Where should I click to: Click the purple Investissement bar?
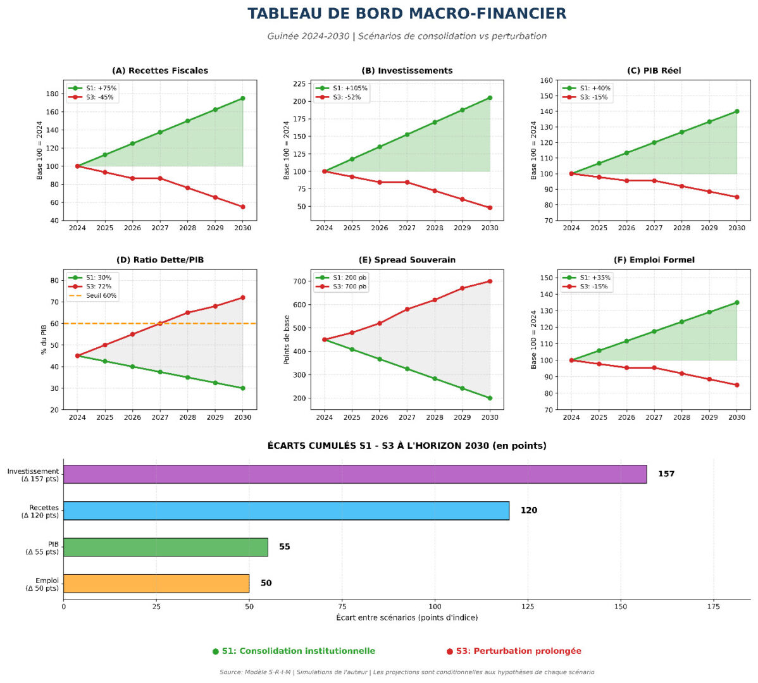coord(354,474)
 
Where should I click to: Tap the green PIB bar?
coord(165,547)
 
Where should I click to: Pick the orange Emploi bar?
coord(156,583)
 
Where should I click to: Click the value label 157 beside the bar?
coord(666,474)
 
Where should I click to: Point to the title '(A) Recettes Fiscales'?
coord(159,71)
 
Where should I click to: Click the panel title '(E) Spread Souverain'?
coord(407,260)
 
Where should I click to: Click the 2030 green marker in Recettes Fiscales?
coord(243,98)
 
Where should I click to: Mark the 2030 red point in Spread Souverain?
coord(490,281)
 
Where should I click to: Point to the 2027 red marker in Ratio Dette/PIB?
coord(160,323)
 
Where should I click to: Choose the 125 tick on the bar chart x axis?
coord(528,606)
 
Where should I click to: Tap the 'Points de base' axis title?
coord(287,340)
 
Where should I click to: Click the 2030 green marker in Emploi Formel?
coord(736,302)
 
